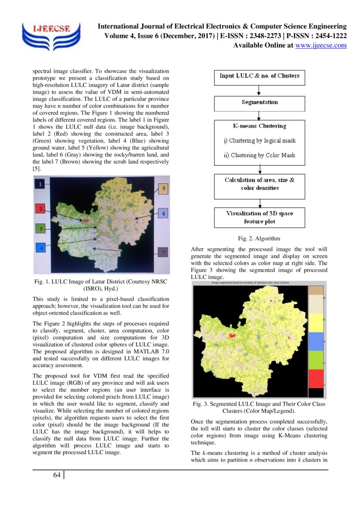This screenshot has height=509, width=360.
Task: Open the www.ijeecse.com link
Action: point(321,45)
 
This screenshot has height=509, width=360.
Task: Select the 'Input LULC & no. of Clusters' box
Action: point(259,77)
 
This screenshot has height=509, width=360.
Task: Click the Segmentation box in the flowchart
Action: point(259,103)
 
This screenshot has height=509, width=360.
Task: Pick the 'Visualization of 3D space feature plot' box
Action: point(259,217)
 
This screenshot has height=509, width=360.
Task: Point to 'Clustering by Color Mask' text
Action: point(260,155)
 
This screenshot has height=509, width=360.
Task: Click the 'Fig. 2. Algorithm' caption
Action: point(259,239)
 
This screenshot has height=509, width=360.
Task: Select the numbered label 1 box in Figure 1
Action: point(40,185)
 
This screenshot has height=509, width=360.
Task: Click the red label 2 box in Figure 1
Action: point(40,209)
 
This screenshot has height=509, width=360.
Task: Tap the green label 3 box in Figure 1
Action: point(40,228)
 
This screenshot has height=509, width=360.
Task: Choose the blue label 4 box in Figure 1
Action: point(40,248)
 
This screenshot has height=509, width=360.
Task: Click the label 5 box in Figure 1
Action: point(163,189)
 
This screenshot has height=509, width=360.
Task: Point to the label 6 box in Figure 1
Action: point(163,213)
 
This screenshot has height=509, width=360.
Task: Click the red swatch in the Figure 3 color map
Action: point(316,378)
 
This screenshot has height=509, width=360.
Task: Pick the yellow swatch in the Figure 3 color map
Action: point(316,322)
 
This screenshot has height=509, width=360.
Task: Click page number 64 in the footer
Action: point(57,475)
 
